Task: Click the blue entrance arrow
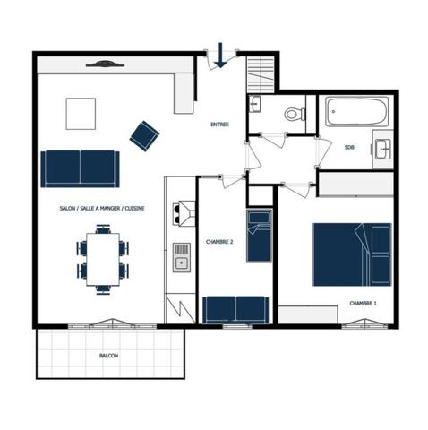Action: tap(220, 56)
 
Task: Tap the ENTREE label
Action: tap(219, 125)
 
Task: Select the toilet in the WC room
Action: tap(295, 114)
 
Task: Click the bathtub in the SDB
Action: tap(356, 112)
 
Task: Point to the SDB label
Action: tap(349, 147)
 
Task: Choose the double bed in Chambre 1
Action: tap(352, 254)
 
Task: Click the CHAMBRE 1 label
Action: tap(363, 304)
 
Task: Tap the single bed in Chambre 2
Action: tap(259, 236)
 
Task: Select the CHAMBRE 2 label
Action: tap(219, 242)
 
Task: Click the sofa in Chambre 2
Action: tap(235, 310)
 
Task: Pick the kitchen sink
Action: tap(182, 257)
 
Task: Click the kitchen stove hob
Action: tap(184, 213)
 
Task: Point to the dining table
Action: tap(103, 260)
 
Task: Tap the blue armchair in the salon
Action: tap(144, 136)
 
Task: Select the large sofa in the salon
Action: tap(80, 169)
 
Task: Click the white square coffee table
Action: tap(81, 114)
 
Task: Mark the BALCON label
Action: tap(108, 356)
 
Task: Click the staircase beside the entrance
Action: tap(261, 74)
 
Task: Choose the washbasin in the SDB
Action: tap(382, 149)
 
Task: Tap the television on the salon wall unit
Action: tap(105, 64)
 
